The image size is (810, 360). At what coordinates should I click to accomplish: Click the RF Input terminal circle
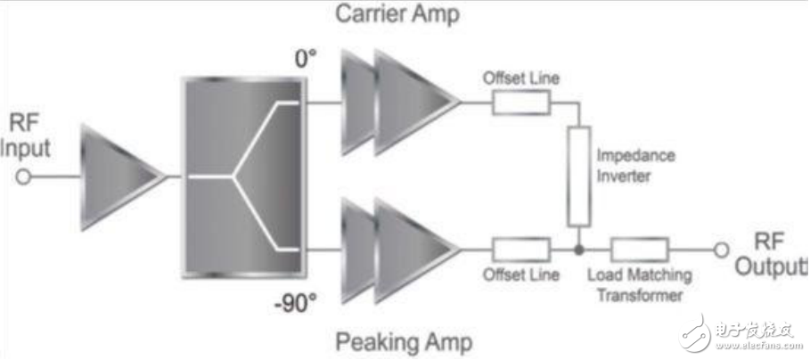click(x=23, y=177)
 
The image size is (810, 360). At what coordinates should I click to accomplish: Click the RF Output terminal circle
click(x=721, y=250)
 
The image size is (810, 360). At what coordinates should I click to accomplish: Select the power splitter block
click(x=242, y=177)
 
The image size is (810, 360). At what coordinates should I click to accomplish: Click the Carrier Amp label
click(x=397, y=14)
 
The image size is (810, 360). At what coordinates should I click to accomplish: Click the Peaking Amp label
click(x=405, y=342)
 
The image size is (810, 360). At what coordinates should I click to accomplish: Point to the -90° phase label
click(x=295, y=305)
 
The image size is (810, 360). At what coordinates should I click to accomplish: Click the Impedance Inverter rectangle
click(x=579, y=176)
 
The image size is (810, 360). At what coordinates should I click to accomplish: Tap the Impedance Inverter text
click(x=636, y=166)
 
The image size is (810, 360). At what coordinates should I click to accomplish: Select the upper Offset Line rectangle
click(x=521, y=102)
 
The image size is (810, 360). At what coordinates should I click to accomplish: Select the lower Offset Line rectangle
click(x=521, y=250)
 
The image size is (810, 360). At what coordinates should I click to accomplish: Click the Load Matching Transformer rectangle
click(x=640, y=250)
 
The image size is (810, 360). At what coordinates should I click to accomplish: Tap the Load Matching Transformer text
click(x=640, y=284)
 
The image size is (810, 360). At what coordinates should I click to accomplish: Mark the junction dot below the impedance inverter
click(x=579, y=250)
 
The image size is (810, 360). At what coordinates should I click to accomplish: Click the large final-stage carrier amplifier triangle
click(x=416, y=102)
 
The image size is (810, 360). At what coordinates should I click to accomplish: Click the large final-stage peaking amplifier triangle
click(x=416, y=250)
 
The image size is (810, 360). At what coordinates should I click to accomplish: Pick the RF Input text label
click(x=26, y=137)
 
